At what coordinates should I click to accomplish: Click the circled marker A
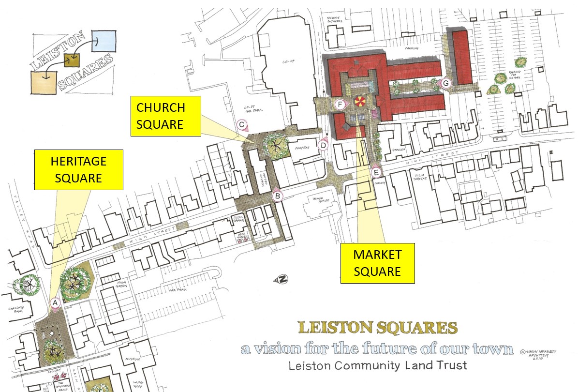[x=56, y=302]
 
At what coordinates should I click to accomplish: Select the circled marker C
[x=242, y=125]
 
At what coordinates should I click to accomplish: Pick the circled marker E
[x=377, y=171]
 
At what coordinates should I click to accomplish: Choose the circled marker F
[x=341, y=105]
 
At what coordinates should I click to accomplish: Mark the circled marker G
[x=446, y=83]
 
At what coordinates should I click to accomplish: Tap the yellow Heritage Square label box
[x=78, y=170]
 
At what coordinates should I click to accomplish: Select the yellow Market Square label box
[x=377, y=263]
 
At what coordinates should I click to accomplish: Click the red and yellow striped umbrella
[x=360, y=101]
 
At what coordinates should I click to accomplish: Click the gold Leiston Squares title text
[x=378, y=328]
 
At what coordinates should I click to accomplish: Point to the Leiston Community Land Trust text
[x=378, y=365]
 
